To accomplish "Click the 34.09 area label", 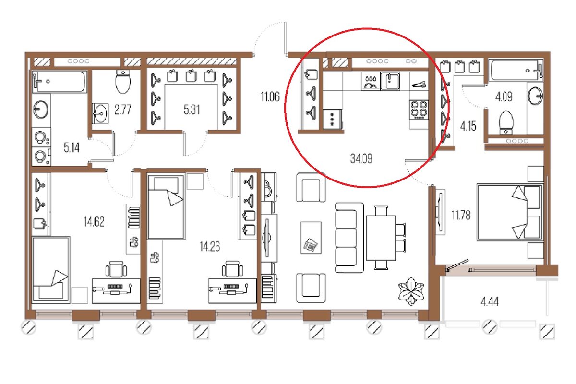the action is pyautogui.click(x=361, y=158).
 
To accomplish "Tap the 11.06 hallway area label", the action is pyautogui.click(x=270, y=97).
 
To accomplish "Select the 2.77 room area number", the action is pyautogui.click(x=123, y=109).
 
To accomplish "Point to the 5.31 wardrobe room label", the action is pyautogui.click(x=192, y=109).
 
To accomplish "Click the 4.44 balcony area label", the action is pyautogui.click(x=490, y=302).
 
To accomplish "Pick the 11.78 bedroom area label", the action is pyautogui.click(x=461, y=215).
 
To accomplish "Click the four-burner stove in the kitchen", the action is pyautogui.click(x=419, y=110).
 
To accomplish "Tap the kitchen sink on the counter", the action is pyautogui.click(x=390, y=81).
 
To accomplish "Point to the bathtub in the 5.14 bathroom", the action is pyautogui.click(x=60, y=82).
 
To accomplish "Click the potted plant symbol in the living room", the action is pyautogui.click(x=411, y=291).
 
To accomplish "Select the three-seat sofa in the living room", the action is pyautogui.click(x=349, y=238).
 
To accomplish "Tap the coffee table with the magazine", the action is pyautogui.click(x=311, y=238).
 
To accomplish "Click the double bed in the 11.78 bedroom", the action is pyautogui.click(x=510, y=212).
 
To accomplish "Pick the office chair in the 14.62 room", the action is pyautogui.click(x=116, y=269).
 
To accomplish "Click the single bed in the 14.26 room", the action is pyautogui.click(x=166, y=207).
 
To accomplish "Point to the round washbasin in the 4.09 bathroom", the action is pyautogui.click(x=535, y=96).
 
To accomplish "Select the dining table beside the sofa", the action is pyautogui.click(x=381, y=238).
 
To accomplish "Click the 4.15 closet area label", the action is pyautogui.click(x=468, y=126).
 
